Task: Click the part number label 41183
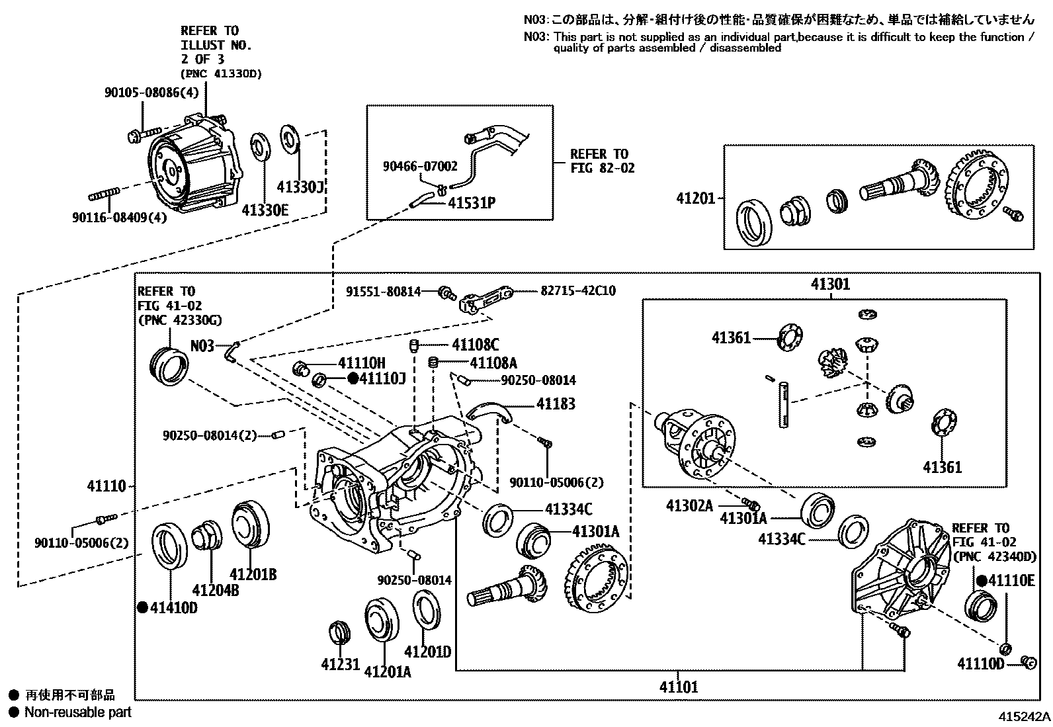point(556,404)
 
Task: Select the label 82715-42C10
point(577,290)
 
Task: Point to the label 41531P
point(472,202)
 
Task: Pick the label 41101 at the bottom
point(678,687)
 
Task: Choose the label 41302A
point(689,506)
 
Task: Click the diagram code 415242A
point(1024,716)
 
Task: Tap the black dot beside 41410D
point(142,607)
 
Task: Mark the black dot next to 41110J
point(353,378)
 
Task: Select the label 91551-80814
point(384,290)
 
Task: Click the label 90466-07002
point(419,167)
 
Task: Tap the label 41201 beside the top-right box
point(695,198)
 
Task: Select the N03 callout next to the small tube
point(202,345)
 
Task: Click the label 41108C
point(475,345)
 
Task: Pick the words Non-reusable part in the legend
point(77,712)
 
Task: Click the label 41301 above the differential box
point(830,284)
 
